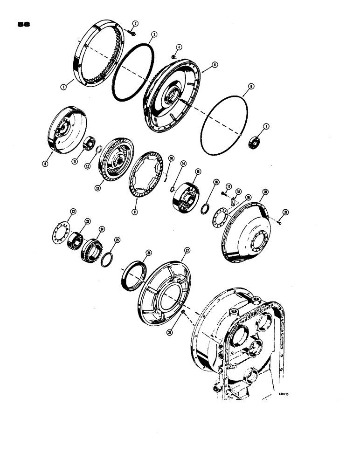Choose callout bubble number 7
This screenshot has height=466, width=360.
coord(266,126)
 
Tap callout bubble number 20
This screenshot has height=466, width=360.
coord(265,192)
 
